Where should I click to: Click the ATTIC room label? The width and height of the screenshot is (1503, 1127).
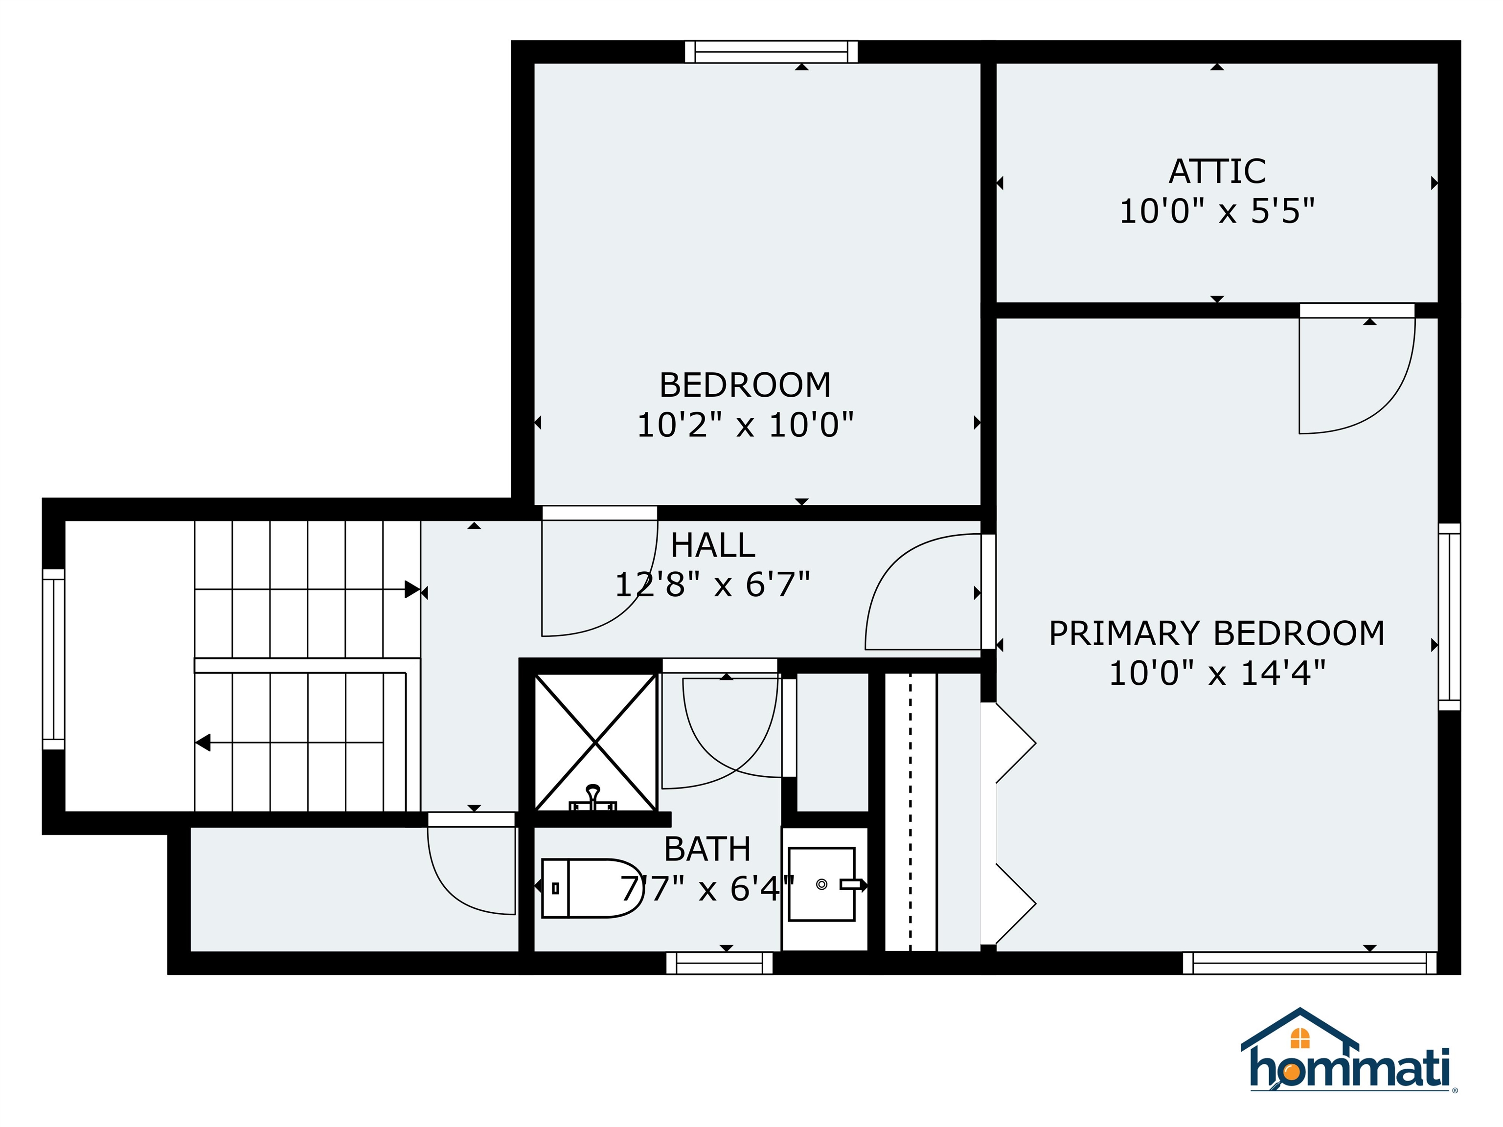coord(1217,171)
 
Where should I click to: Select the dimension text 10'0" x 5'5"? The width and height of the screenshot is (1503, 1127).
coord(1217,211)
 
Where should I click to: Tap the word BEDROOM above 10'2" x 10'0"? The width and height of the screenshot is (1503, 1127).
coord(745,385)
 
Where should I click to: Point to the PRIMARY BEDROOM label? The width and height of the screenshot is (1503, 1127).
coord(1216,633)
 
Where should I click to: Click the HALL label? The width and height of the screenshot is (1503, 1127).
coord(713,545)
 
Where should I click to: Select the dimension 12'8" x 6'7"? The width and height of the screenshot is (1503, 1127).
coord(713,584)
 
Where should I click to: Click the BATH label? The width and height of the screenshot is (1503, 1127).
coord(707,849)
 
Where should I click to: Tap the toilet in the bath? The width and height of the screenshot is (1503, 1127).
coord(591,888)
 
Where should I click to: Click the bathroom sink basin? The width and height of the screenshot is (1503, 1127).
coord(821,884)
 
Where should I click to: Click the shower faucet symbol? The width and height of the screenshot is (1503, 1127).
coord(593,798)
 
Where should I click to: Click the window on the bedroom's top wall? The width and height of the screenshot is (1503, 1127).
coord(771,52)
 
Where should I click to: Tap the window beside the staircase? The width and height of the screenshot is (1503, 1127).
coord(53,659)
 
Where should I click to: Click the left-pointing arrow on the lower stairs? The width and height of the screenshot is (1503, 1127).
coord(203,743)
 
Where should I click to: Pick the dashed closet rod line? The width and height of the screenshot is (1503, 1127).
coord(911,812)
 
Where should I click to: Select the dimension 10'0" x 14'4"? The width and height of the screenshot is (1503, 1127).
coord(1217,673)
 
